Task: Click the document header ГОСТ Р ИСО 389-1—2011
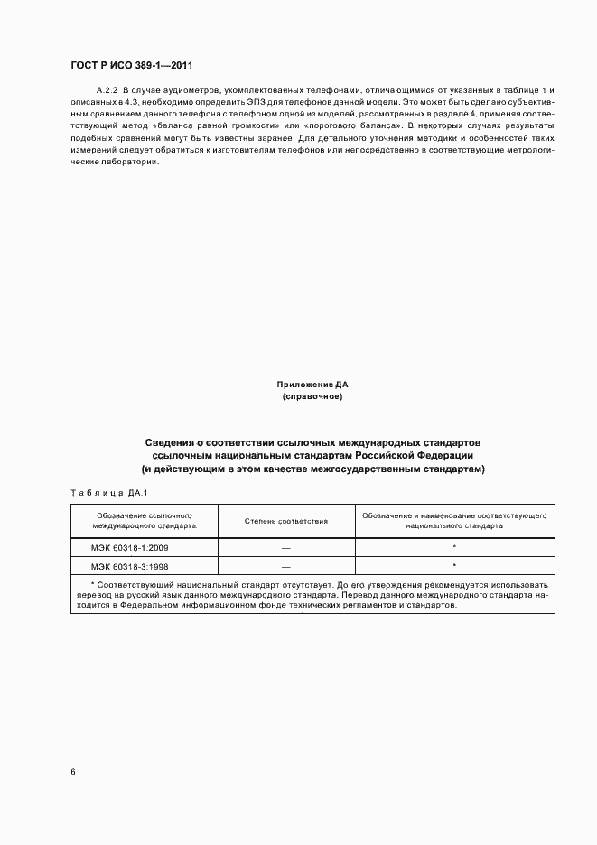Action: tap(130, 66)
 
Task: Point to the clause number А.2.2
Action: tap(107, 92)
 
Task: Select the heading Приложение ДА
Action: tap(312, 385)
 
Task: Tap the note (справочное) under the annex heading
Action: tap(312, 396)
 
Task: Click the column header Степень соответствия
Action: tap(286, 521)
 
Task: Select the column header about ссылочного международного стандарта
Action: tap(144, 519)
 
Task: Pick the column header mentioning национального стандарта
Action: tap(454, 519)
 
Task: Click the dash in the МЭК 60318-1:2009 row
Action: tap(285, 548)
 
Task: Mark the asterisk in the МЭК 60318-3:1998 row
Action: tap(454, 565)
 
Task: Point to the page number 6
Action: tap(73, 772)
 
